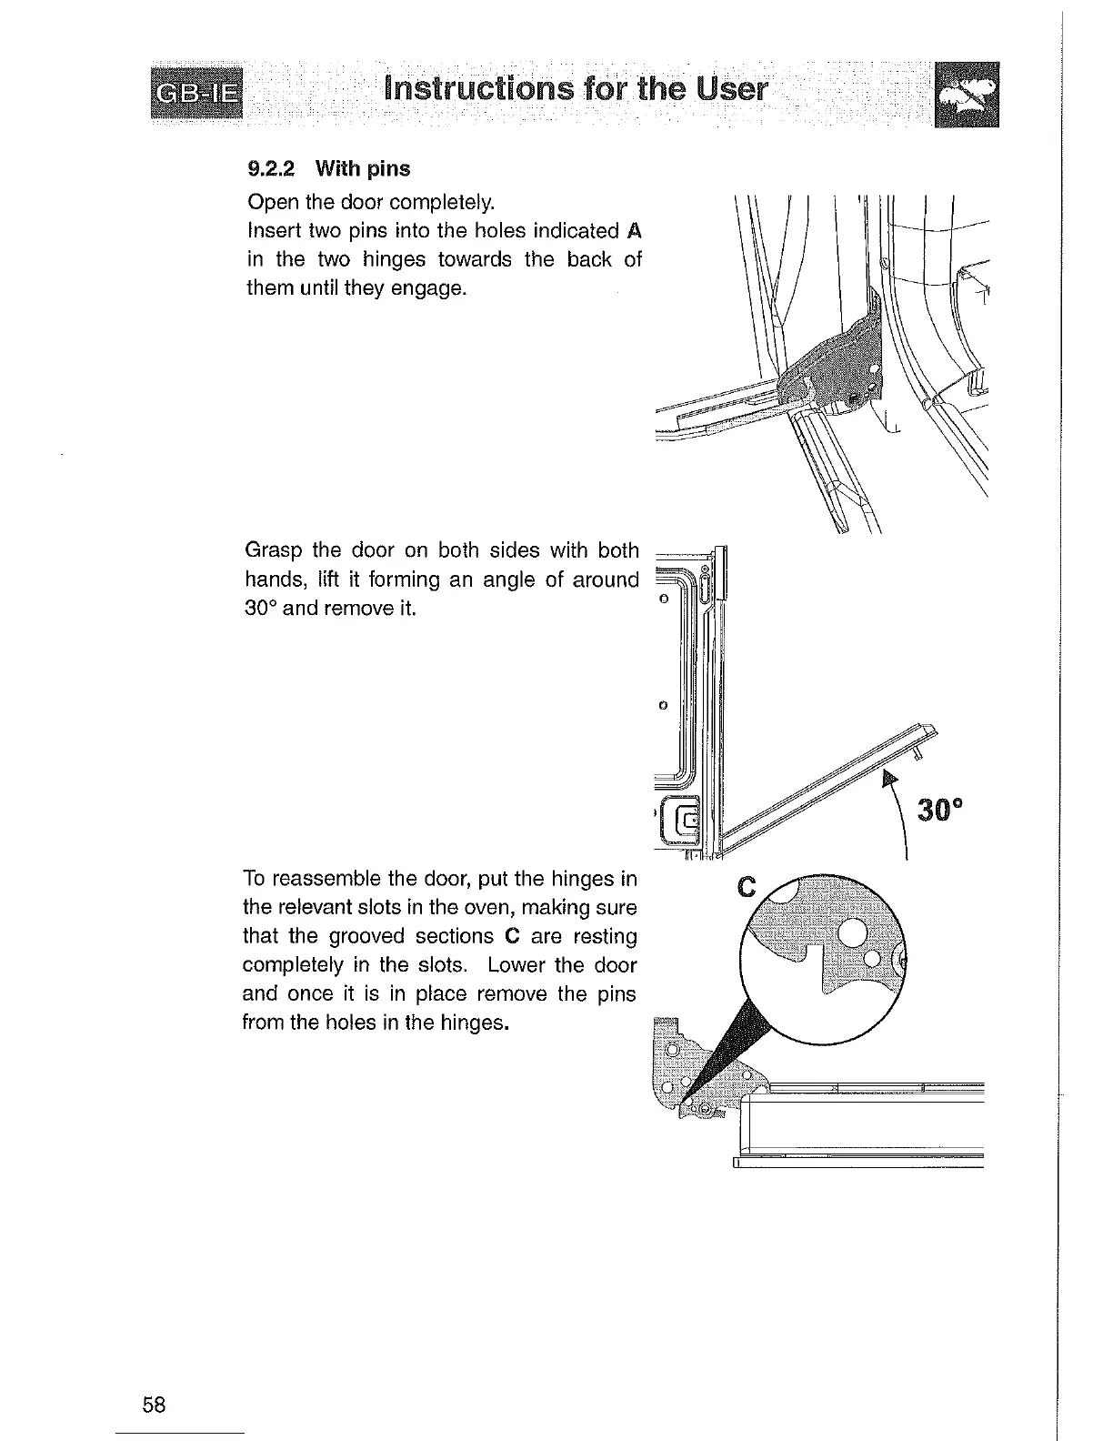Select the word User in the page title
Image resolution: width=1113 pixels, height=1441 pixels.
[732, 89]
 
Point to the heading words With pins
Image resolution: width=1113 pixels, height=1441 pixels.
[363, 169]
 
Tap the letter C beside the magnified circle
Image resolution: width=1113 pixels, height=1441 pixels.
[747, 888]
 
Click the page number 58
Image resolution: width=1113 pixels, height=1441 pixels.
[155, 1405]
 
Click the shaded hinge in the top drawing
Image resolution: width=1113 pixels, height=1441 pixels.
[832, 359]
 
